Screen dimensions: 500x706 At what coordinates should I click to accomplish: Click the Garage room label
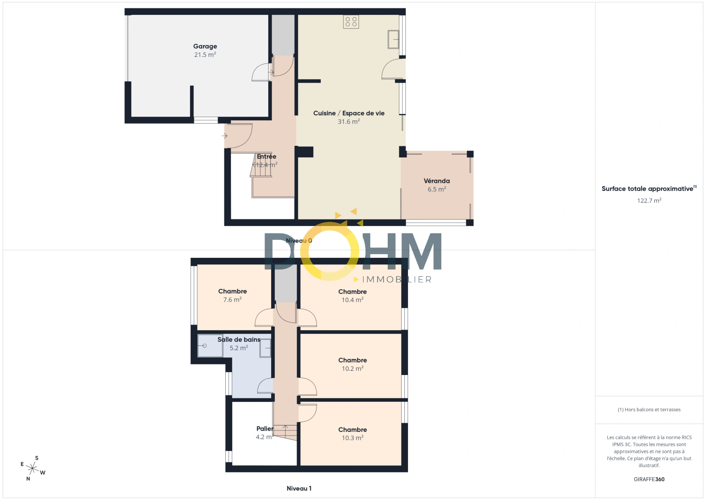click(x=205, y=46)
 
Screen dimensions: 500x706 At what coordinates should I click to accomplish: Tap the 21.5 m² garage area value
click(x=205, y=55)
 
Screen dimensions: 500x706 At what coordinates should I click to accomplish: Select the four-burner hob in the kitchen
click(x=351, y=22)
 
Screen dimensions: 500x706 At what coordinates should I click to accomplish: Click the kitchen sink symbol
click(x=393, y=39)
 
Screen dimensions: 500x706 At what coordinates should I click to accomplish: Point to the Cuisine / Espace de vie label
click(x=349, y=113)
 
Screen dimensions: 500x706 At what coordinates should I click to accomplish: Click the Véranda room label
click(x=437, y=181)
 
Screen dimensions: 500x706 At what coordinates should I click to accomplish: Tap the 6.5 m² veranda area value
click(x=437, y=189)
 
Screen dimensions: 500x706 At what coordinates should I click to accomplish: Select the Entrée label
click(x=266, y=156)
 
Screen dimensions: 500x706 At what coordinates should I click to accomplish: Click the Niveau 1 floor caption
click(x=299, y=488)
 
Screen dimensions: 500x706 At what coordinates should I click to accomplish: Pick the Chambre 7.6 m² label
click(x=232, y=291)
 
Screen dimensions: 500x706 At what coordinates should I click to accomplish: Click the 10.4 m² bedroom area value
click(x=353, y=300)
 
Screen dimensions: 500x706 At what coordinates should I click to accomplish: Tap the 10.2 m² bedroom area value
click(x=353, y=369)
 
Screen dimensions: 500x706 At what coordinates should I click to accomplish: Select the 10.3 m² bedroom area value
click(x=353, y=438)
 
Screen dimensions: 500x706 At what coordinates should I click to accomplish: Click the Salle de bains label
click(x=239, y=340)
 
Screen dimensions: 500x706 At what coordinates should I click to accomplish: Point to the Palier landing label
click(x=265, y=429)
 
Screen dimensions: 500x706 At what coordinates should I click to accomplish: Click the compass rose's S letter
click(x=37, y=458)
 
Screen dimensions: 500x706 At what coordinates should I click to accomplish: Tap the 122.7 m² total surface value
click(x=649, y=200)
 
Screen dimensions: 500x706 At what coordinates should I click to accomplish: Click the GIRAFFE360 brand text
click(x=649, y=479)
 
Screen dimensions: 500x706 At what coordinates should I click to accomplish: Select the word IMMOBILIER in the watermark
click(x=396, y=280)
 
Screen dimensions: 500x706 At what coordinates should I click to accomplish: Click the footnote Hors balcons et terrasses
click(x=649, y=410)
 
